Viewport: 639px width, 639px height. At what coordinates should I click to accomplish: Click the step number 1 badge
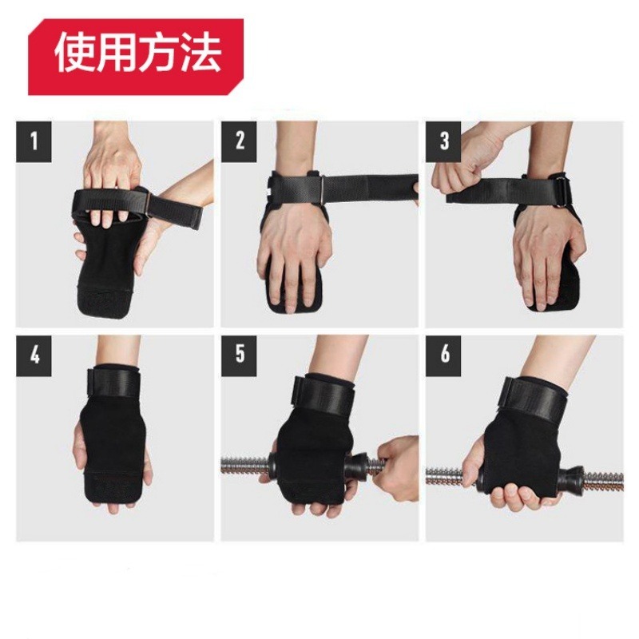coord(34,142)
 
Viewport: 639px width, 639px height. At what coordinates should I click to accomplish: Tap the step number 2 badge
coord(240,142)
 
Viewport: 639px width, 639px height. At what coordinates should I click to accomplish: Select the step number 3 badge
coord(445,142)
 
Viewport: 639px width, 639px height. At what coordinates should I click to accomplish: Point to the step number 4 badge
coord(34,354)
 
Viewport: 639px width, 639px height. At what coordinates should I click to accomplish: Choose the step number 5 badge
coord(240,354)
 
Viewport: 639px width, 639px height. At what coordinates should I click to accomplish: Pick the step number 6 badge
coord(445,354)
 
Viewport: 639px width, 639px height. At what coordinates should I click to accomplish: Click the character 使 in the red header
coord(75,54)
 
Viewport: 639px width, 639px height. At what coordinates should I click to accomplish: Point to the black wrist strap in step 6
coord(531,396)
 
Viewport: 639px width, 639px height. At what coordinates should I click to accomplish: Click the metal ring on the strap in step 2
coord(320,189)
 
